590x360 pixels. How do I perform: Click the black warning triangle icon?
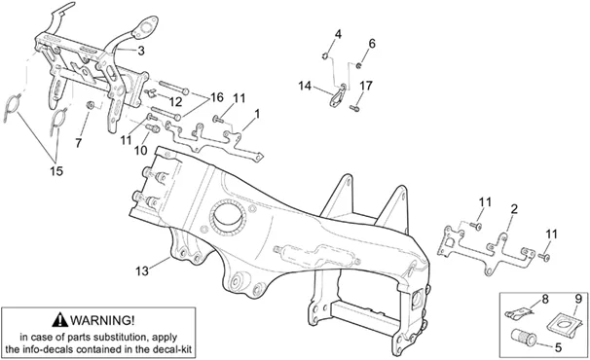[x=60, y=320]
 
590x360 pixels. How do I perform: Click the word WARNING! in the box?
[x=102, y=320]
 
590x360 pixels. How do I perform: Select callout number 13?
[x=142, y=270]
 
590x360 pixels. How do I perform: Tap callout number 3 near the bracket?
[x=141, y=51]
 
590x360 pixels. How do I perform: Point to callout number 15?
[x=56, y=171]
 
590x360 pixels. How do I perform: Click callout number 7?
[x=78, y=143]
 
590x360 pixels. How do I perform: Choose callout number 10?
[x=140, y=151]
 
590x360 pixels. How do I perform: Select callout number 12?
[x=175, y=102]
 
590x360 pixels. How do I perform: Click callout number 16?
[x=217, y=97]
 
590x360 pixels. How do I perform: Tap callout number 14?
[x=305, y=86]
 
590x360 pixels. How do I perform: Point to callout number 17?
[x=366, y=86]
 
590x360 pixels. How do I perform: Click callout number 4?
[x=338, y=35]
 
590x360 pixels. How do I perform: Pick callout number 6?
[x=371, y=44]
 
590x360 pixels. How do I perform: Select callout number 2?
[x=514, y=209]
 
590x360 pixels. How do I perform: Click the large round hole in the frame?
[x=229, y=217]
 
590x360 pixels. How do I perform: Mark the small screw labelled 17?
[x=354, y=108]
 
